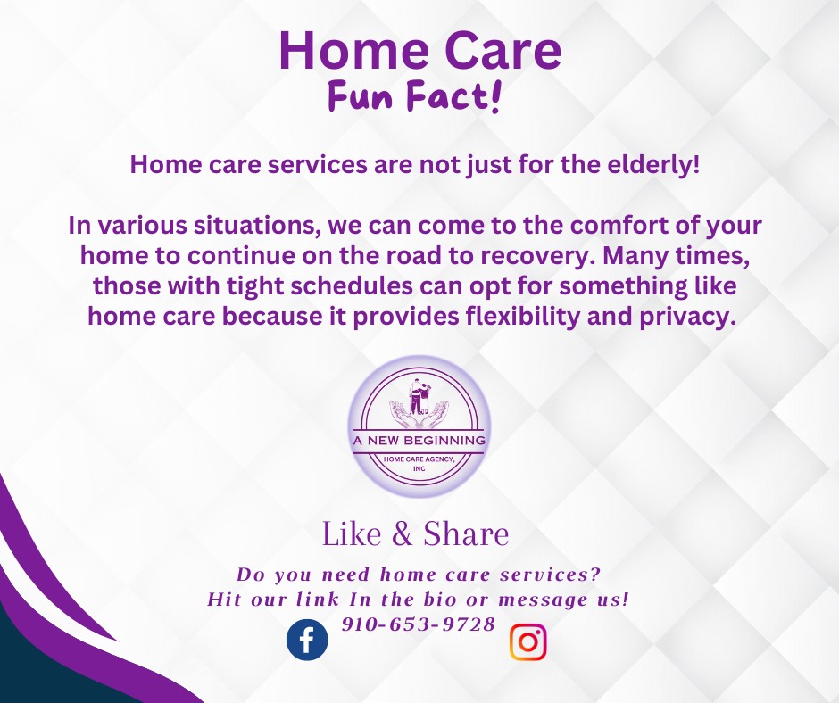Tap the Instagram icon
[x=527, y=642]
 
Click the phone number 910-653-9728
[x=419, y=624]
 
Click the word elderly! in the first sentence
[x=649, y=165]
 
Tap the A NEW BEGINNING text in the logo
[x=419, y=442]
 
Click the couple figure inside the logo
[x=419, y=394]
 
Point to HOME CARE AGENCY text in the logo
[x=419, y=459]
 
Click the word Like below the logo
[x=353, y=534]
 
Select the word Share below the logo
[x=466, y=534]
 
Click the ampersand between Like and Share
[x=403, y=535]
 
